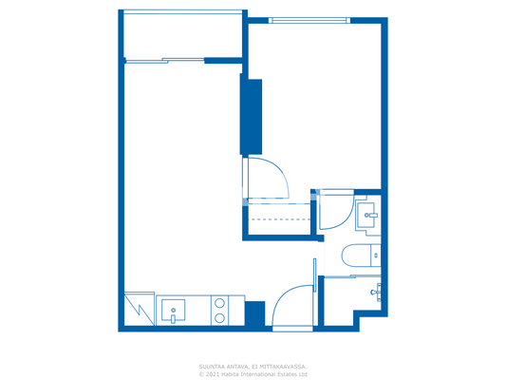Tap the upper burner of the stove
point(220,304)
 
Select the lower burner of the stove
point(220,318)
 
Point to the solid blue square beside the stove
point(254,313)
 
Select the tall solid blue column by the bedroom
point(252,117)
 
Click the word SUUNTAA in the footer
point(213,366)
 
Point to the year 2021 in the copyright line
point(214,373)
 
